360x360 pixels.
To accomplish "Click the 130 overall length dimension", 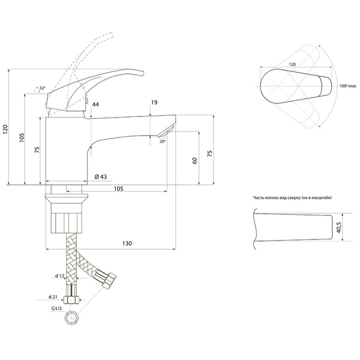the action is coord(127,244).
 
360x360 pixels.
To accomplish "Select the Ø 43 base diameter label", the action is coord(101,176).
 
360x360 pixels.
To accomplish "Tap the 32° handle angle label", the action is coord(42,88).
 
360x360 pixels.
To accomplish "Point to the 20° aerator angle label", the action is coord(163,142).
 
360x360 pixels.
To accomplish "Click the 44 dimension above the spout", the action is coord(95,104).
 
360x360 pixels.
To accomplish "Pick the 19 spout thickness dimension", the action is coord(154,103).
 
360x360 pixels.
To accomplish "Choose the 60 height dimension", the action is coord(194,160).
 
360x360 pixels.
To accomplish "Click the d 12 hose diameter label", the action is coord(59,276).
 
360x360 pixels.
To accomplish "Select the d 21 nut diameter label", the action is coord(53,297).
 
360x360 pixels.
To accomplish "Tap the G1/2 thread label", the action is coord(56,308).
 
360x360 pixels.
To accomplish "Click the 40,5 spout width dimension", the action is coord(339,227).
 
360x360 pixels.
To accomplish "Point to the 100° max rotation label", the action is coord(348,86).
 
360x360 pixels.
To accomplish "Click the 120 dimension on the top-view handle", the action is coord(292,64).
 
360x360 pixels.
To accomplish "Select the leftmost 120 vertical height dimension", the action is coord(5,130).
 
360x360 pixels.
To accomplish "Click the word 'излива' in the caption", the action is coord(271,197).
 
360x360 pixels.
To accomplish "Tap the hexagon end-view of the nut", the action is coord(72,318).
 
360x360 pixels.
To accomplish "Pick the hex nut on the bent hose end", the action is coord(109,280).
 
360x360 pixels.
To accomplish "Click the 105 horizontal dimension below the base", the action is coord(118,189).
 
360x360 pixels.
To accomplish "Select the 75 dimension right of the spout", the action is coord(210,154).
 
